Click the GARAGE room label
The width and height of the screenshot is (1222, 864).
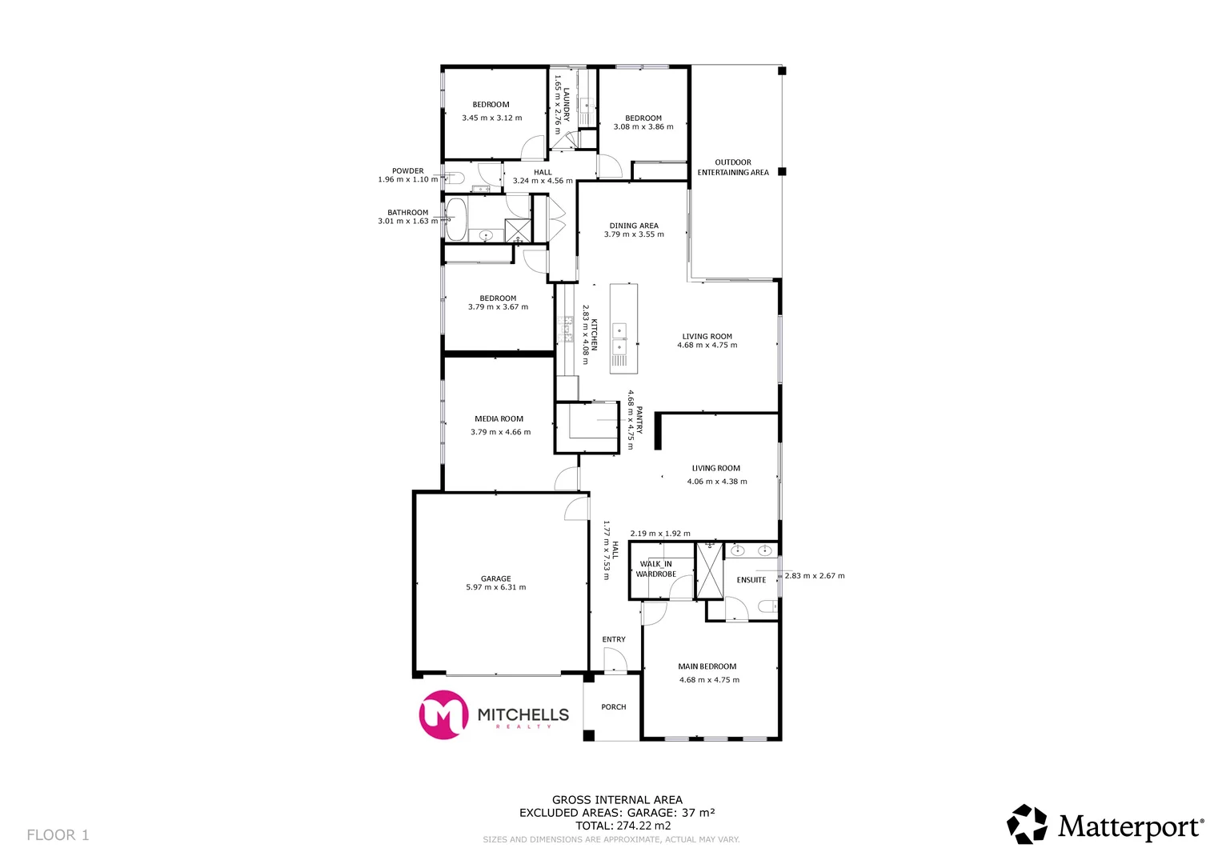pyautogui.click(x=495, y=578)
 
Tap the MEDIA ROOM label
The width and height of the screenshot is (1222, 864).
pyautogui.click(x=499, y=418)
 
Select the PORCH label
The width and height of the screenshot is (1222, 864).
pyautogui.click(x=614, y=707)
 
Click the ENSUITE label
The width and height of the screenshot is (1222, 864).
pyautogui.click(x=751, y=580)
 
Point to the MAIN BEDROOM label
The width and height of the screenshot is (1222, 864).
pyautogui.click(x=707, y=666)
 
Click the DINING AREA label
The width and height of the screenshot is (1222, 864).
pyautogui.click(x=634, y=226)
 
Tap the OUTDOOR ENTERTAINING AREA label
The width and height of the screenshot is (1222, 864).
pyautogui.click(x=733, y=167)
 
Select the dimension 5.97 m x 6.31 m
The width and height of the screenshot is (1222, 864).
pyautogui.click(x=496, y=588)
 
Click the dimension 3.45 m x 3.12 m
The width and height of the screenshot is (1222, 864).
pyautogui.click(x=491, y=118)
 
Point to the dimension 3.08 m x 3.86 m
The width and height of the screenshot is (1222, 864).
pyautogui.click(x=643, y=127)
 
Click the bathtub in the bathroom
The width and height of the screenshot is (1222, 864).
pyautogui.click(x=456, y=220)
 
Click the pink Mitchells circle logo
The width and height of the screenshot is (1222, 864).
pyautogui.click(x=443, y=714)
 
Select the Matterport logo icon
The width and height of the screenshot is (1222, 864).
pyautogui.click(x=1027, y=824)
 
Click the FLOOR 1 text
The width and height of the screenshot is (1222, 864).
pyautogui.click(x=58, y=835)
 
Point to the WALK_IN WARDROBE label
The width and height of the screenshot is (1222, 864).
pyautogui.click(x=656, y=569)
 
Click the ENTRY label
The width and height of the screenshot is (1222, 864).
pyautogui.click(x=614, y=639)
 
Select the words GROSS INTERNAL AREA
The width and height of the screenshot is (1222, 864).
pyautogui.click(x=617, y=800)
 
